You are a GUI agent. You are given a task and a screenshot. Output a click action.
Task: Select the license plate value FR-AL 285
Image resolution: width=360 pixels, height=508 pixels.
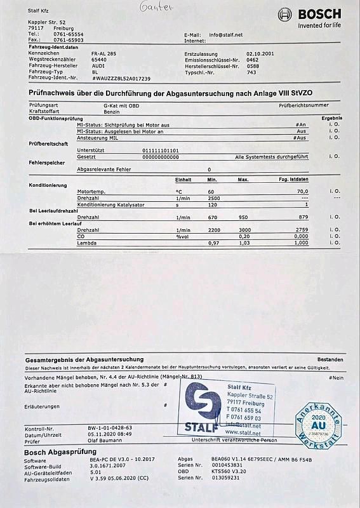tap(104, 54)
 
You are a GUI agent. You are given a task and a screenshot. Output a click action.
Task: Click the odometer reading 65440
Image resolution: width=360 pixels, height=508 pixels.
tap(99, 60)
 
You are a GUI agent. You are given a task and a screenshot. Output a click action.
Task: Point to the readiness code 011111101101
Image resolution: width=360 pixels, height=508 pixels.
tap(161, 150)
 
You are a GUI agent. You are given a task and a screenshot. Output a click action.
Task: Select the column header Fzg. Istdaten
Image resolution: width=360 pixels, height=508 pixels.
tap(294, 180)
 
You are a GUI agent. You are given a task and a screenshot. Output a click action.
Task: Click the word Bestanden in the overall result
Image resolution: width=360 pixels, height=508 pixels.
tap(330, 360)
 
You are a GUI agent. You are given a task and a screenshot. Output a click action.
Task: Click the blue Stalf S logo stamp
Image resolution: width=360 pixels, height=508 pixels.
tap(201, 406)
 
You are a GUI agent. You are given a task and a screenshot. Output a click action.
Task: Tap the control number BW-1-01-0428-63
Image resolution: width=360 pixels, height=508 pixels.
tap(110, 428)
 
